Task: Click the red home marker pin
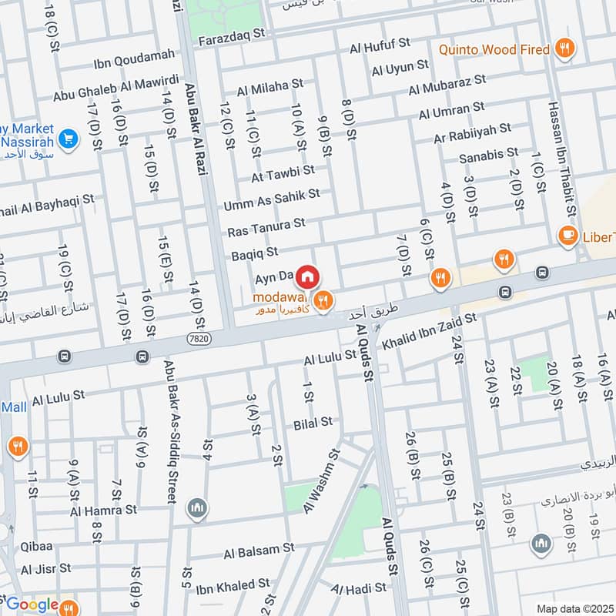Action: click(x=307, y=276)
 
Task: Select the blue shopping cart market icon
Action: click(x=69, y=139)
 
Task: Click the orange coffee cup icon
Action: click(x=568, y=236)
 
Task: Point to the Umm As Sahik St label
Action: click(x=271, y=200)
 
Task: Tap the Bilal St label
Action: click(x=313, y=422)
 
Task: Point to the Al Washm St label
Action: click(x=322, y=481)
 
